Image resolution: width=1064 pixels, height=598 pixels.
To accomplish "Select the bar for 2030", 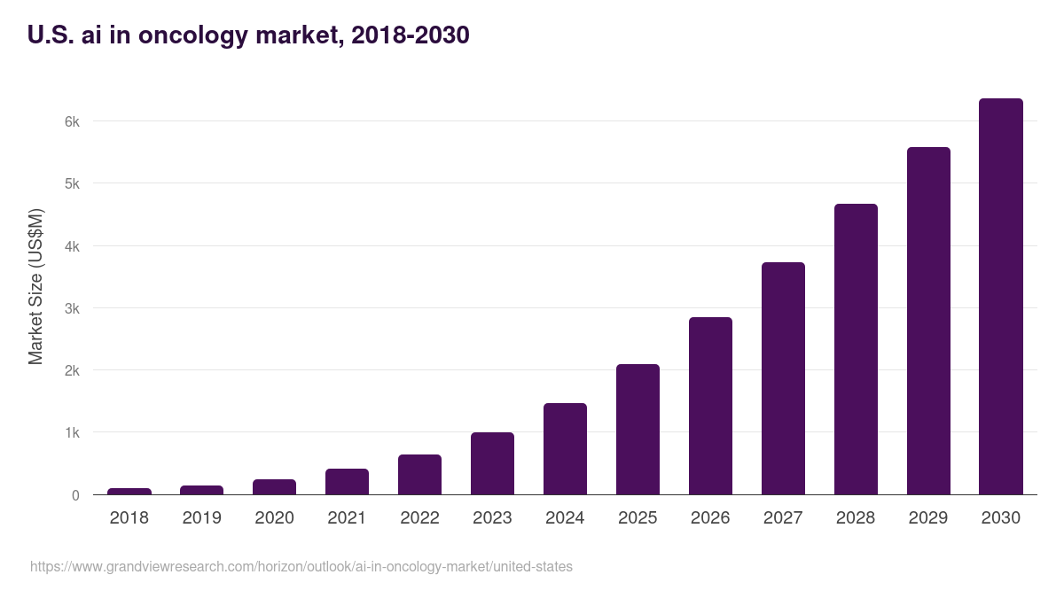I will point(1000,297).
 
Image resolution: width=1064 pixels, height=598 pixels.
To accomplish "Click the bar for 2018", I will point(129,491).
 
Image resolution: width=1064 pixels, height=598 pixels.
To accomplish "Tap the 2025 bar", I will point(638,430).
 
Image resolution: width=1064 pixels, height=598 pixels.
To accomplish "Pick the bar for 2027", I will point(783,378).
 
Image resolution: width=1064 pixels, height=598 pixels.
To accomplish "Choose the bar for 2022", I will point(419,475).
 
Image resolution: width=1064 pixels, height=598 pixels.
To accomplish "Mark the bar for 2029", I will point(927,321).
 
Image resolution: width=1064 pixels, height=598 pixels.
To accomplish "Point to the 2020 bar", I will point(275,487).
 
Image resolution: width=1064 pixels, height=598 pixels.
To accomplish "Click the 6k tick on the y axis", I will point(72,121).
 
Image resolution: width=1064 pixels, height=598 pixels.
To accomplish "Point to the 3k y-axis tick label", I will point(72,308).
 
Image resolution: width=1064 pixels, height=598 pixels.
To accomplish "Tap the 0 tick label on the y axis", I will point(75,495).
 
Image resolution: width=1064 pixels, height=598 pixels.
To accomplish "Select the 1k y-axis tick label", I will point(72,433).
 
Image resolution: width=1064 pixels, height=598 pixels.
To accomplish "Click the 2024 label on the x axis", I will point(565,518).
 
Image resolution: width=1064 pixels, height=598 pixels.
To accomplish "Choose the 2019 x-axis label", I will point(202,518).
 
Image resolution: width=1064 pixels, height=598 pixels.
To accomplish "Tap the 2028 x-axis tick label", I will point(856,518).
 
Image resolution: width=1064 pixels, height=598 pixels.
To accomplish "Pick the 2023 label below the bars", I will point(492,518).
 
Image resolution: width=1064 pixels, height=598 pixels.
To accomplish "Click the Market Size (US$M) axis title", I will point(35,287).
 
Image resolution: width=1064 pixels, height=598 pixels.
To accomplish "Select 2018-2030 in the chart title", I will point(411,35).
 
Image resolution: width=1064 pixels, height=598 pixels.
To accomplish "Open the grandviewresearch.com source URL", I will point(301,566).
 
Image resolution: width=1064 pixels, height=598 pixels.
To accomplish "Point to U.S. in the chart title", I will point(50,35).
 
